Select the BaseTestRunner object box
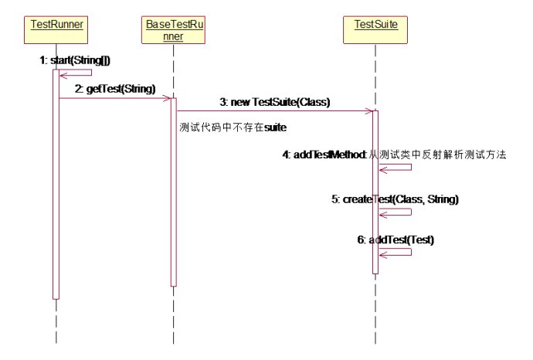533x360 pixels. tap(175, 31)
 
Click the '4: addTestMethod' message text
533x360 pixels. tap(324, 155)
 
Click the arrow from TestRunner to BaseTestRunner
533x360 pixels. tap(116, 98)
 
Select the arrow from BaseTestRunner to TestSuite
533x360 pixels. tap(275, 110)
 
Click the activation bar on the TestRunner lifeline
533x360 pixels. tap(56, 185)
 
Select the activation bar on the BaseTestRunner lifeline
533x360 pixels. tap(174, 193)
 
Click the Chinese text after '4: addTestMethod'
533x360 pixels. tap(436, 155)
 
